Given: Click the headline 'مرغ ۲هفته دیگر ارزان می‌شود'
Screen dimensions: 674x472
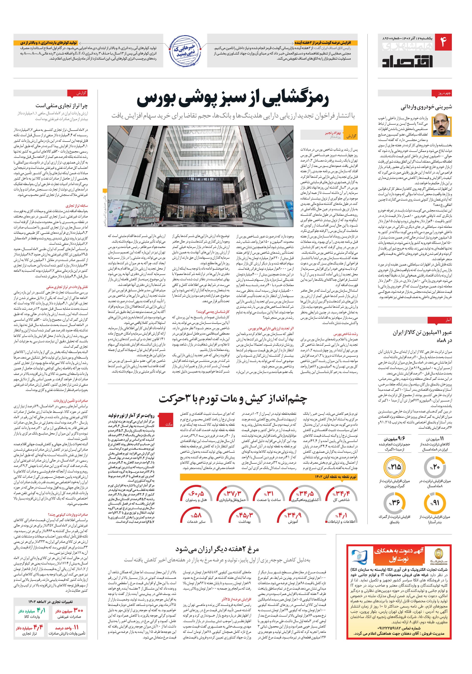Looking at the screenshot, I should click(217, 549).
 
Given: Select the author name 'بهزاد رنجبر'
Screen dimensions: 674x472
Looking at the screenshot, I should click(332, 133).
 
